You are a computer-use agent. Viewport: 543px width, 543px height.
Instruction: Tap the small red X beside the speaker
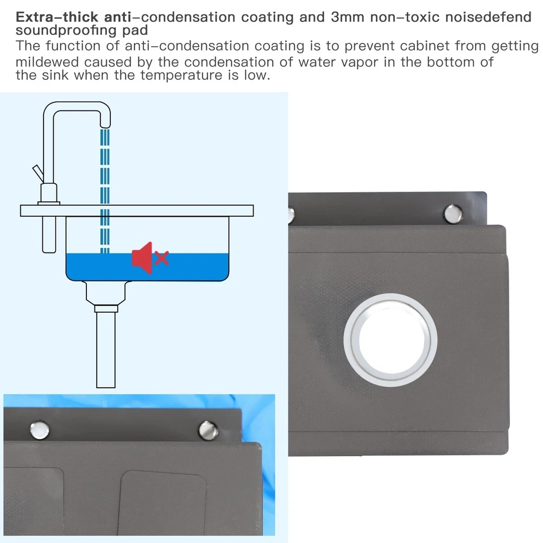162,258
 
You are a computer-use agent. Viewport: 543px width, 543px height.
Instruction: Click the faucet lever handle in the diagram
38,174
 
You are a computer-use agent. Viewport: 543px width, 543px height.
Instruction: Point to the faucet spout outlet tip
105,125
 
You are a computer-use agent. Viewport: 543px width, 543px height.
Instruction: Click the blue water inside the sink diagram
147,267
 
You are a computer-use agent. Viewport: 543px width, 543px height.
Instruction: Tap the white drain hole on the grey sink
390,340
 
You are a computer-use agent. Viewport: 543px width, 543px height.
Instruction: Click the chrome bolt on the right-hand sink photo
453,213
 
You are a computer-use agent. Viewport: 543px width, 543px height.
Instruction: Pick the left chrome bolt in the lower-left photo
40,430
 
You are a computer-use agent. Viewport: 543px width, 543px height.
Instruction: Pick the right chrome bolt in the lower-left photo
208,430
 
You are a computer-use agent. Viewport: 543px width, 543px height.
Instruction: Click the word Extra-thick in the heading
57,17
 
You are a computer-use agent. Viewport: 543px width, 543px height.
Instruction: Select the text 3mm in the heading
348,17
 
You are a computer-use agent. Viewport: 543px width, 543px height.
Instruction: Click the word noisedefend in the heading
488,17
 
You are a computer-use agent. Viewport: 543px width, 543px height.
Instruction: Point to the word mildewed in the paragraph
47,62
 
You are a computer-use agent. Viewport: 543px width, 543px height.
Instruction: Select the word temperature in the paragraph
181,75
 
